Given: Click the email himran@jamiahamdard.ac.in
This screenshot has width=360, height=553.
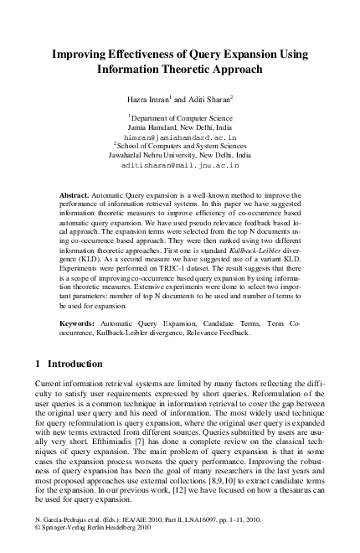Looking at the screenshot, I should pyautogui.click(x=180, y=135).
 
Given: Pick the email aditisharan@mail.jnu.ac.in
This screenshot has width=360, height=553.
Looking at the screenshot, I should pyautogui.click(x=180, y=165).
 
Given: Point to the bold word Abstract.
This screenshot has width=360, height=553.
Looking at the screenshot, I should pyautogui.click(x=76, y=194).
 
